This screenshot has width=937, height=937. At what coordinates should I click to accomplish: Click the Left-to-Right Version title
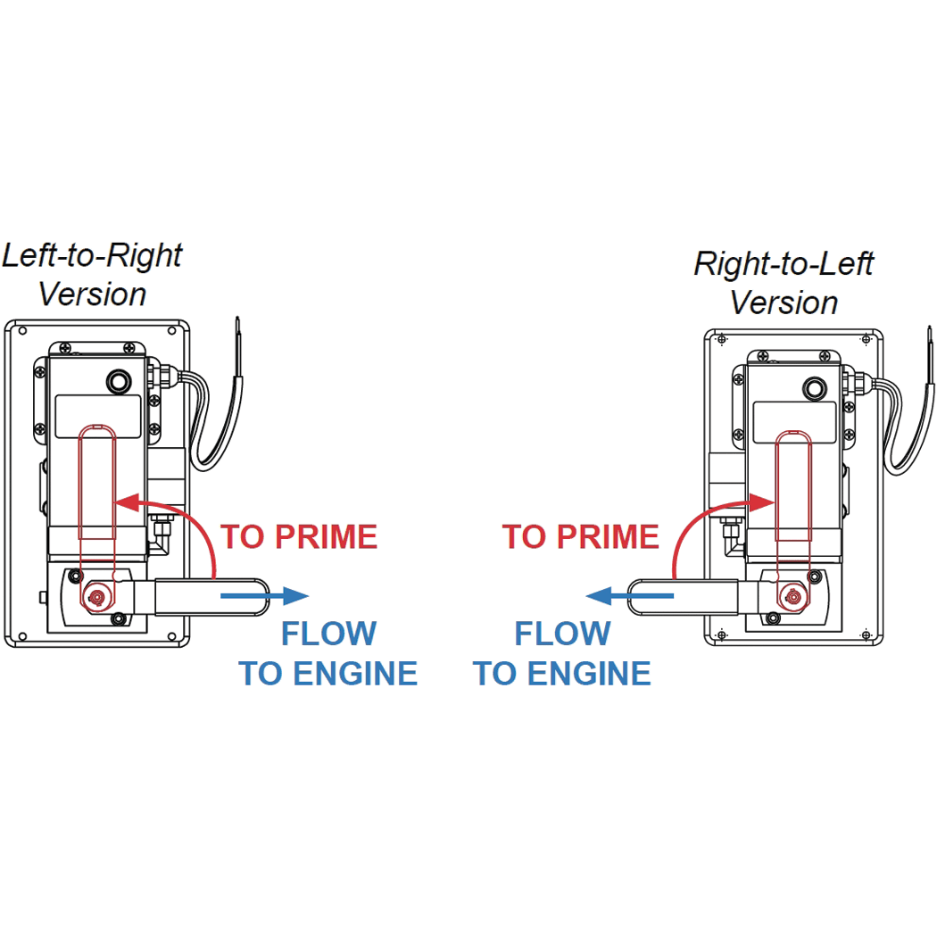pos(92,274)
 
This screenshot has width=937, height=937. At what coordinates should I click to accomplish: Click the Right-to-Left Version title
pos(784,283)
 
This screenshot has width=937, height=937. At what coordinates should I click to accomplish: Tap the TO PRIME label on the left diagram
pos(299,537)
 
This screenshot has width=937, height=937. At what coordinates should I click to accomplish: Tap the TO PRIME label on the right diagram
pos(580,537)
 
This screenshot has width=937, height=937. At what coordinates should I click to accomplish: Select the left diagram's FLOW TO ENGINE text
pos(328,653)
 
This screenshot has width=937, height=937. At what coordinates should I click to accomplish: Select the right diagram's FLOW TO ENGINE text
pos(562,653)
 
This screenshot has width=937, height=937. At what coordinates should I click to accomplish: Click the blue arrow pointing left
pos(629,596)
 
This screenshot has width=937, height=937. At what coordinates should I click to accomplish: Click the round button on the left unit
pos(117,382)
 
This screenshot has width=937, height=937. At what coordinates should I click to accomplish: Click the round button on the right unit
pos(813,389)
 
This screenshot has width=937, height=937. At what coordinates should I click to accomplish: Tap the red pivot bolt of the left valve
pos(95,595)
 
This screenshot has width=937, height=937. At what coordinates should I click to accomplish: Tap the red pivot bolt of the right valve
pos(791,595)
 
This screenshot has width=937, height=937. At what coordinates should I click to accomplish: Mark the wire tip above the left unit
pos(238,323)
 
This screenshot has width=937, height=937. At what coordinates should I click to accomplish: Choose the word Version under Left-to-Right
pos(92,294)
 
